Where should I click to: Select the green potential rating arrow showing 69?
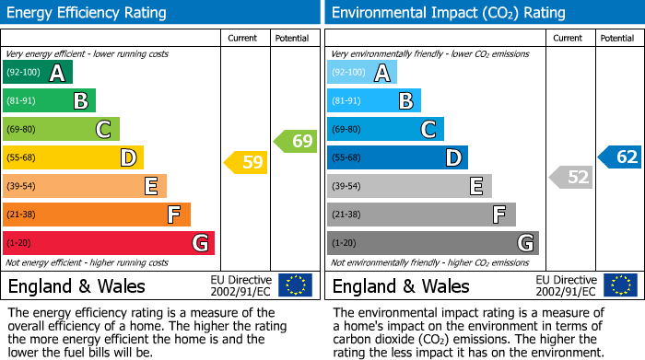[295, 141]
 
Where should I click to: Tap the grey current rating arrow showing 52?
[570, 177]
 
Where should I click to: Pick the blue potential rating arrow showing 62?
[619, 157]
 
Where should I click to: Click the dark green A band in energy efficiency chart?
[38, 73]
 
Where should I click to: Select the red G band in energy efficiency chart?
[109, 243]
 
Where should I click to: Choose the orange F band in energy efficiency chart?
[97, 215]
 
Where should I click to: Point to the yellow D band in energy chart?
[73, 157]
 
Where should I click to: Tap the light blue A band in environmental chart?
[362, 73]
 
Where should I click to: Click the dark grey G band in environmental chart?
[432, 243]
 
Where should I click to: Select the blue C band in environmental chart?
[385, 129]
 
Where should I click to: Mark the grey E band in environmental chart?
[409, 186]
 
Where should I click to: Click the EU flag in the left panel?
[295, 285]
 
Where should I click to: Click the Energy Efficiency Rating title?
[88, 13]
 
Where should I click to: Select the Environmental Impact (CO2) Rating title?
[448, 13]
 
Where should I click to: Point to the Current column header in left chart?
[242, 38]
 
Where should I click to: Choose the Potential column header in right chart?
[616, 38]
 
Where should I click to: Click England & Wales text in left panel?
[76, 285]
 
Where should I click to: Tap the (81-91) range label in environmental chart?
[346, 101]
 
